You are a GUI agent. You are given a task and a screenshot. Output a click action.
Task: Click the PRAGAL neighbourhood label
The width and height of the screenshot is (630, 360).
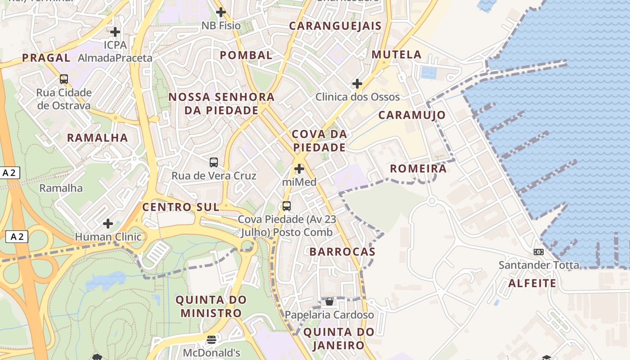(46, 58)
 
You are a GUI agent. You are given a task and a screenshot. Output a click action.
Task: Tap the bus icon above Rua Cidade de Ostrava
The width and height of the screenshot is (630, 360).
(64, 79)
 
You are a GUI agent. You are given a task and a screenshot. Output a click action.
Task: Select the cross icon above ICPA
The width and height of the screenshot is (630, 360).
(115, 32)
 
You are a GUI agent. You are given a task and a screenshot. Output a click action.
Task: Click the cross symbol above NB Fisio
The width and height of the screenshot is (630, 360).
(221, 12)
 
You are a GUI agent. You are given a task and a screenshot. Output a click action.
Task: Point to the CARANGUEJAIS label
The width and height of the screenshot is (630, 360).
(335, 26)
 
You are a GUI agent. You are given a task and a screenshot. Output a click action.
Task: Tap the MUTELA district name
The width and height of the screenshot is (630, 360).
(396, 55)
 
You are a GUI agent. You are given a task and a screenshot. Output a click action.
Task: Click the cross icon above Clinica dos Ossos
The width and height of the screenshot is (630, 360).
(357, 84)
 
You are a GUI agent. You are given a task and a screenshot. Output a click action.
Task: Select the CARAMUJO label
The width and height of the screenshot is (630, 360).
(412, 115)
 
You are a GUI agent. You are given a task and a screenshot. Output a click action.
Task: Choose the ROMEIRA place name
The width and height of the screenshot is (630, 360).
(418, 169)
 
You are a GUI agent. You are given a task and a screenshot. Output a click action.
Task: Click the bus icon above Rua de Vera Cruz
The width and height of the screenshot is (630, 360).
(214, 162)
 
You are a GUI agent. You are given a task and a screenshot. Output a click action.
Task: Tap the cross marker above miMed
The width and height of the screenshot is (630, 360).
(299, 169)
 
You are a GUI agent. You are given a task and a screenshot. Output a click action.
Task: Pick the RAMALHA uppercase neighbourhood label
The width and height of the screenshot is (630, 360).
(98, 138)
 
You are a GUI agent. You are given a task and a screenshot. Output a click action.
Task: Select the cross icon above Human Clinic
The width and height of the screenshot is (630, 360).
(108, 223)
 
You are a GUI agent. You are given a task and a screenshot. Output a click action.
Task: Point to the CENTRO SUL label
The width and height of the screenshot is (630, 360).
(181, 207)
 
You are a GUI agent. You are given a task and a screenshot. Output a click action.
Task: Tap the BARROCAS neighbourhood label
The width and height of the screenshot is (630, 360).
(342, 252)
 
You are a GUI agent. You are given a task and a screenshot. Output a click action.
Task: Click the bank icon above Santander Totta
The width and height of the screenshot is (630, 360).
(539, 252)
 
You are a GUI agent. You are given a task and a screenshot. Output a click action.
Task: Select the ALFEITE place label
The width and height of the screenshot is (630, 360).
(532, 283)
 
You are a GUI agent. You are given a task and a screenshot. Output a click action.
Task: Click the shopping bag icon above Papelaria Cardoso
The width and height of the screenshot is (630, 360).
(329, 301)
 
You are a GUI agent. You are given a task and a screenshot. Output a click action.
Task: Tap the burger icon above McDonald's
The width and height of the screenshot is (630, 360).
(211, 339)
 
